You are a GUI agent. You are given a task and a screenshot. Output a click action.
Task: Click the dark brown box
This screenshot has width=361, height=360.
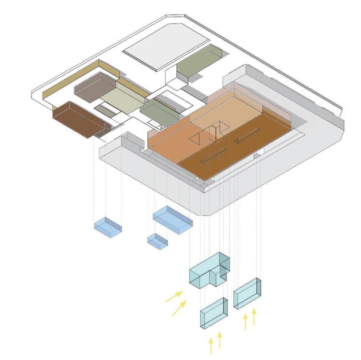click(77, 118)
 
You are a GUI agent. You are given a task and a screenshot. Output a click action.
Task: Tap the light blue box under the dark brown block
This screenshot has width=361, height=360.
click(108, 226)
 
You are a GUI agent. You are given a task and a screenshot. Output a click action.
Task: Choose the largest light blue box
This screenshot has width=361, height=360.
click(173, 218)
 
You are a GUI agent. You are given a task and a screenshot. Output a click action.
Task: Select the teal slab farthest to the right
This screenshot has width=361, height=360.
click(247, 293)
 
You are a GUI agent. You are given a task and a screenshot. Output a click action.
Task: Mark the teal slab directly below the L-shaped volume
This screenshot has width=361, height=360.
click(214, 313)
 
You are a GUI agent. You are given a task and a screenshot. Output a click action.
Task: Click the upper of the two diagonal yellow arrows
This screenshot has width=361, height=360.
click(174, 296)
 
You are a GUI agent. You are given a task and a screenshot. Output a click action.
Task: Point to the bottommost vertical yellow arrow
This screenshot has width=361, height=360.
click(211, 346)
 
